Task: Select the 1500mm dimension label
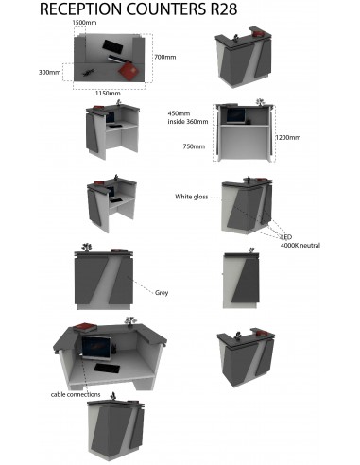(84, 22)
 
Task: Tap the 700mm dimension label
(164, 57)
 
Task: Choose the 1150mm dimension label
(108, 94)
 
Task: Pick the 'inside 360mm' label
(187, 121)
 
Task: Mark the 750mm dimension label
(193, 146)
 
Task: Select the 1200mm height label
(288, 137)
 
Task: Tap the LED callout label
(286, 237)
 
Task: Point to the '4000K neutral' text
(300, 246)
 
